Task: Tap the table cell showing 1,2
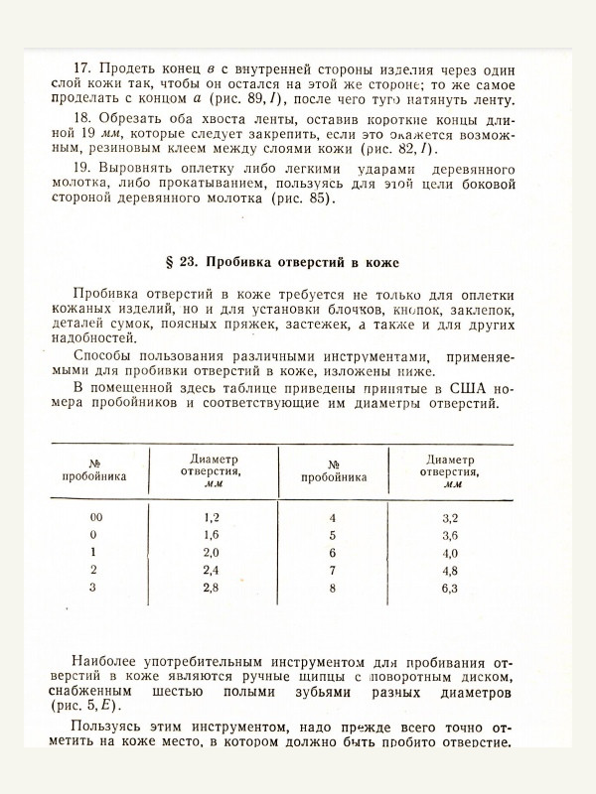tap(211, 518)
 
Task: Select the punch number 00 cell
tap(94, 518)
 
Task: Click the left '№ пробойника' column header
tap(94, 468)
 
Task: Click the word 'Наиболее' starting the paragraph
tap(110, 660)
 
